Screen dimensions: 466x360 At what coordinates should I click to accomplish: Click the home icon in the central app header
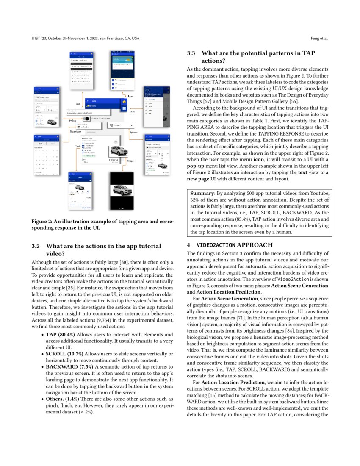(124, 101)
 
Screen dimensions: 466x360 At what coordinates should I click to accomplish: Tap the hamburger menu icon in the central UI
(124, 108)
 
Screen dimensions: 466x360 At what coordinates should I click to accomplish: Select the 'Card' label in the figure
(78, 147)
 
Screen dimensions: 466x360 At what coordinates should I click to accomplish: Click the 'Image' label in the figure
(130, 161)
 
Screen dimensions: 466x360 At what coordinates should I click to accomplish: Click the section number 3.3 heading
(191, 53)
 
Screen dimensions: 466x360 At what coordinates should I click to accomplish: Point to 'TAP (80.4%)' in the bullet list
(58, 334)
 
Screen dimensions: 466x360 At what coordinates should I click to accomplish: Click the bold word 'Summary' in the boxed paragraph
(202, 193)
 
